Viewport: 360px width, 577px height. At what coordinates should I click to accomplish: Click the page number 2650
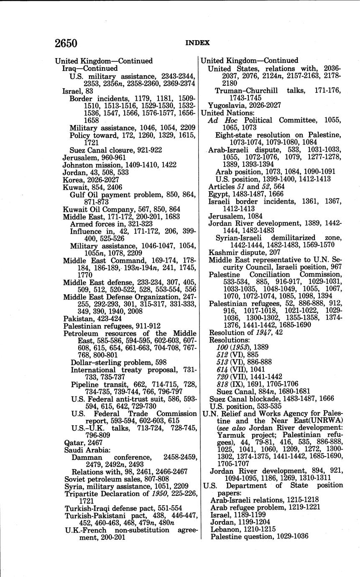[x=66, y=43]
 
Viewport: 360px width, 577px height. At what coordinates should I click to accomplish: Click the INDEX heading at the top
[x=198, y=43]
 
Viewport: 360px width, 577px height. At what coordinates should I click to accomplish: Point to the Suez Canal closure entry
[x=116, y=150]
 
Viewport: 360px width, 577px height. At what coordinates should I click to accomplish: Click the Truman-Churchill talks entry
[x=278, y=91]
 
